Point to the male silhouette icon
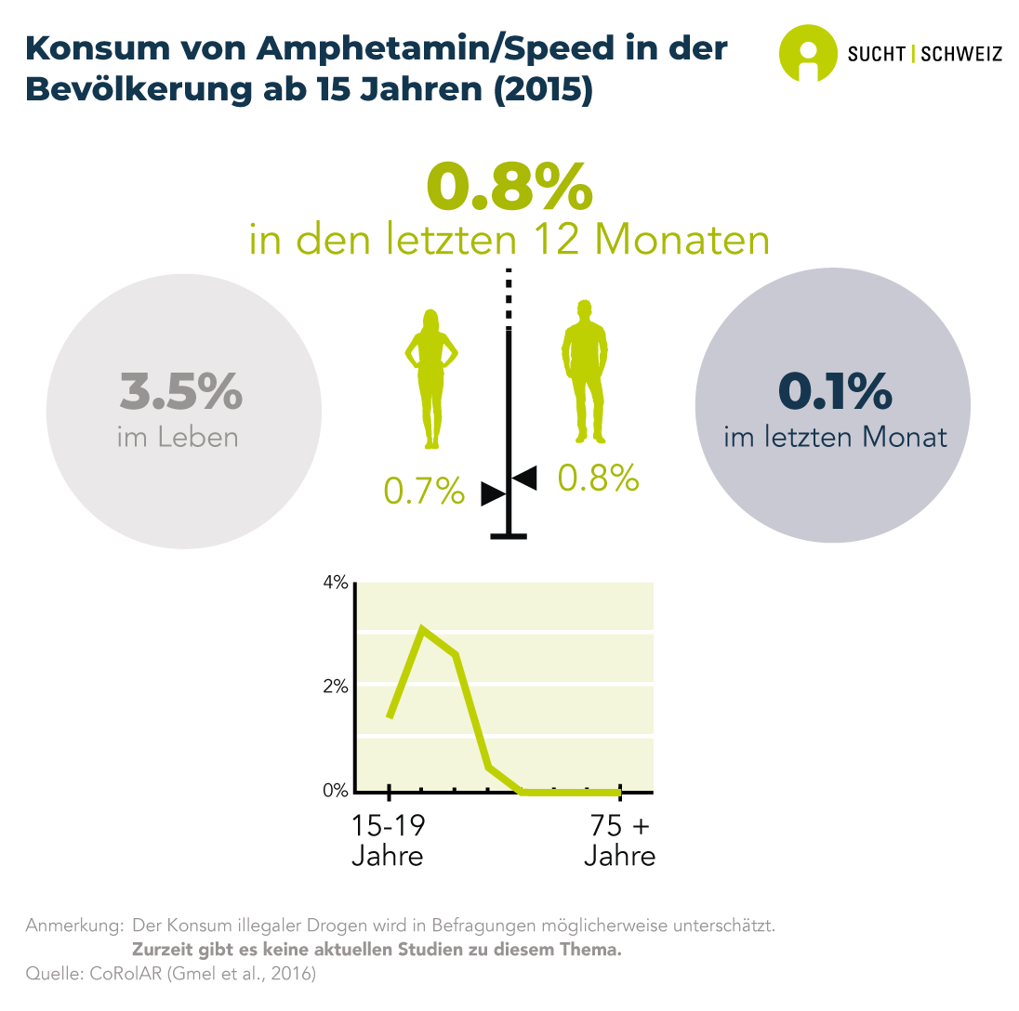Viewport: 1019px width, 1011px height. [x=584, y=372]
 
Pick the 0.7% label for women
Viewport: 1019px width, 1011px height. [x=424, y=491]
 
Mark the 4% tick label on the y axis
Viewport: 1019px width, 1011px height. [x=335, y=583]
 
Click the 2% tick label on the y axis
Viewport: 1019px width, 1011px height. [x=335, y=687]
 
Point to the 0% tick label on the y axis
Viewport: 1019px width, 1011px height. [x=335, y=791]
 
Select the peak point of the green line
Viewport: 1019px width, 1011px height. [x=423, y=629]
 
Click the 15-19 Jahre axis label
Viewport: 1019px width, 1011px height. [x=388, y=840]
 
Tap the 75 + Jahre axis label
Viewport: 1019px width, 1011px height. [x=619, y=840]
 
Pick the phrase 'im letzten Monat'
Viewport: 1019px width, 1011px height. [x=835, y=437]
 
